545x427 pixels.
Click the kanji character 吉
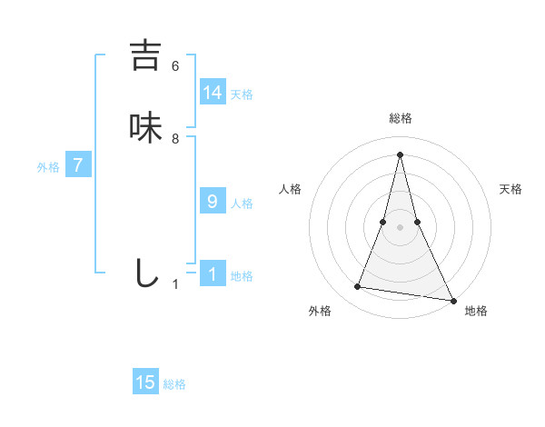pos(145,55)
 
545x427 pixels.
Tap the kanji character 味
pos(145,127)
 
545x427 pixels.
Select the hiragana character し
pos(145,273)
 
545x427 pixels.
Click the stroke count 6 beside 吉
pos(175,65)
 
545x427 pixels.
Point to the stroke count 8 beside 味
pos(175,139)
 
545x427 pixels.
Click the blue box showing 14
pos(213,93)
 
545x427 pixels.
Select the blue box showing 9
pos(213,201)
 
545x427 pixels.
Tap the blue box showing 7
pos(78,165)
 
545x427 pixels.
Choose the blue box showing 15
pos(145,382)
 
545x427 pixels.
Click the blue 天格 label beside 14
pos(242,94)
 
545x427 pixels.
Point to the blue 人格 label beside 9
pos(242,204)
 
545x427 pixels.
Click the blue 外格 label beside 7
pos(48,167)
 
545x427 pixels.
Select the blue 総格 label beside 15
pos(174,384)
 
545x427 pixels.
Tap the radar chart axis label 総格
pos(400,118)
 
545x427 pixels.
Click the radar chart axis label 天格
pos(510,189)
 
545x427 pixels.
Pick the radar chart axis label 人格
pos(290,189)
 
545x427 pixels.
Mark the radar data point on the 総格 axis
pos(400,154)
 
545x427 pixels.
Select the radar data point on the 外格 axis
pos(358,287)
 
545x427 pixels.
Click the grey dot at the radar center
pos(400,227)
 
